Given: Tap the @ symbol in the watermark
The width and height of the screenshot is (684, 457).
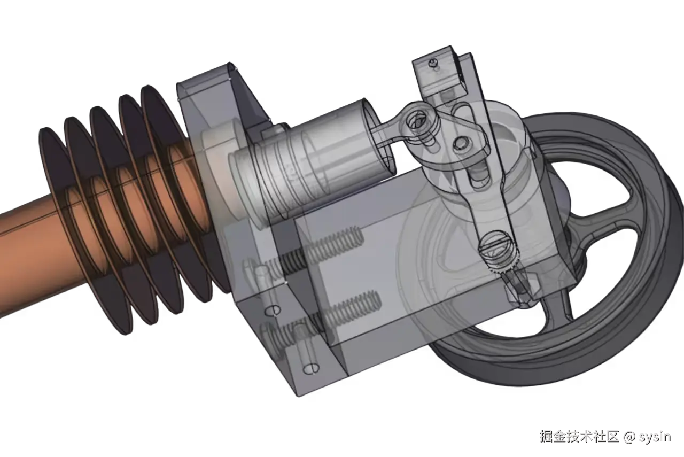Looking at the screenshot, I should (629, 437).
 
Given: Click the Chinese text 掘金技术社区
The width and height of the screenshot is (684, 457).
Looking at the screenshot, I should (579, 437).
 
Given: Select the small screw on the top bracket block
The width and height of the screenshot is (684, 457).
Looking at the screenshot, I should (433, 64).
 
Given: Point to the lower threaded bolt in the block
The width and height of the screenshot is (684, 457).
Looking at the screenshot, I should (342, 308).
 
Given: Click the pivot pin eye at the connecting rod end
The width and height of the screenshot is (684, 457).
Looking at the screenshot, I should (415, 119).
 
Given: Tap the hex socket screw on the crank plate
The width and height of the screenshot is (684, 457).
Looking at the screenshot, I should (461, 143).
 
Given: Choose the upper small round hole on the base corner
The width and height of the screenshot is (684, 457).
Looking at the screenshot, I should (273, 310).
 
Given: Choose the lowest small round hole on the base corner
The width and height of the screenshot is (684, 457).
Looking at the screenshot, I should (310, 368).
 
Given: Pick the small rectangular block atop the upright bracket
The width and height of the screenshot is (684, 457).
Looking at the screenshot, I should (441, 72).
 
